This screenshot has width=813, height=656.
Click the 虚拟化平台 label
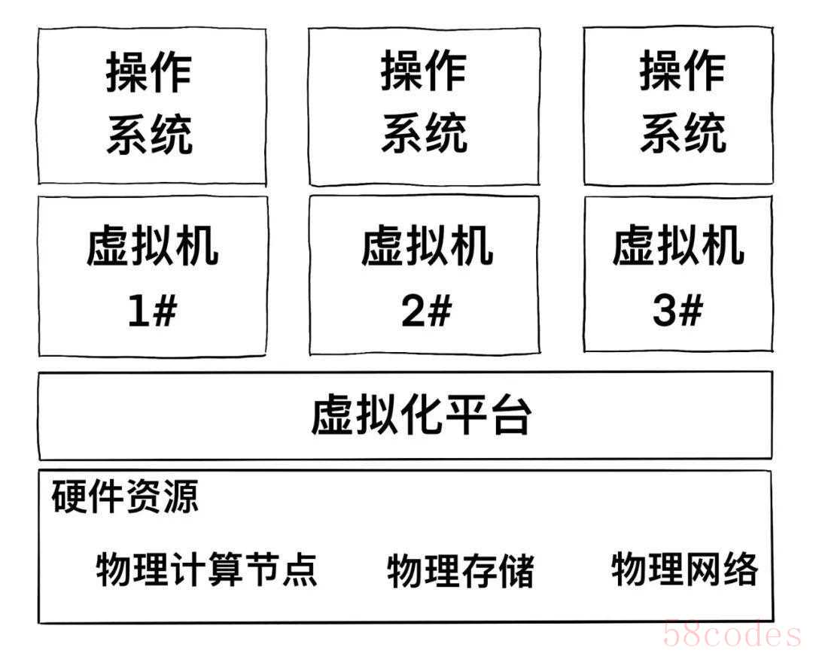421,415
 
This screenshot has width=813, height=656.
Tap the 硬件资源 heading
125,497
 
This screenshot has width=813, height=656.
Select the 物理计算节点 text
207,569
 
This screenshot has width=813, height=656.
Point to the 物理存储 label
461,570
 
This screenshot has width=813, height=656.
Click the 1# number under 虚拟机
151,311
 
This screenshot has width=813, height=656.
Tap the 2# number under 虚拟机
426,311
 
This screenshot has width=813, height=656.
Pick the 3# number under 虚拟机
677,310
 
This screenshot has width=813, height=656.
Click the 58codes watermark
732,634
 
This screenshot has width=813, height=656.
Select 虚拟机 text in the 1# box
152,247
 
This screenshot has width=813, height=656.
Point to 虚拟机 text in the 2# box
427,247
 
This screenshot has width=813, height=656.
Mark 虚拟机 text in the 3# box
677,246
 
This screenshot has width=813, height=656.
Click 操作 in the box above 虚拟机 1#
149,74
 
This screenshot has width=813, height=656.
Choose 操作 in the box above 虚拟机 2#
424,72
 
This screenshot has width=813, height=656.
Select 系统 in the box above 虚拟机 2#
424,134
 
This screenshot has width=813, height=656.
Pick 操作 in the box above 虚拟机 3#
683,72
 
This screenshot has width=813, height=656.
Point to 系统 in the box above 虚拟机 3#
683,134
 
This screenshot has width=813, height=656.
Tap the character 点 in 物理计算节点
300,569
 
